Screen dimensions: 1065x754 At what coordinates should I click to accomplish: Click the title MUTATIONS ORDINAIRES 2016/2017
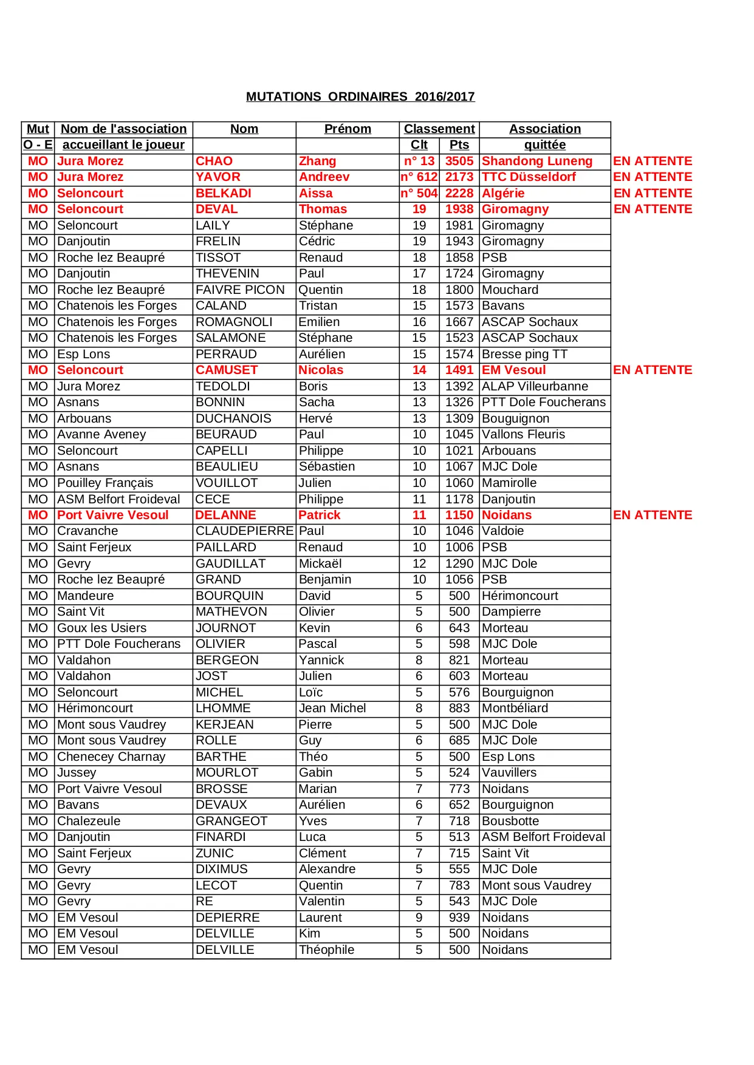point(360,97)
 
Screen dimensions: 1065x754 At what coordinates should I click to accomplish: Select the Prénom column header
point(348,129)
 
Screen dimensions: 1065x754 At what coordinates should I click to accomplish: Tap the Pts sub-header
point(459,145)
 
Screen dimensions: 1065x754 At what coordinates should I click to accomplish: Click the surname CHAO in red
point(214,161)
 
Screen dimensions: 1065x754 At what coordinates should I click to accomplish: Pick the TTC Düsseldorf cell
point(529,177)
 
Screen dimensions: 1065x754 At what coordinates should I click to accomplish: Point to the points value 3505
point(459,161)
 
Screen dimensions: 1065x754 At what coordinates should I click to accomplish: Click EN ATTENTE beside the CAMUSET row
point(653,370)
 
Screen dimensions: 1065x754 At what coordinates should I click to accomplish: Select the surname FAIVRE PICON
point(240,290)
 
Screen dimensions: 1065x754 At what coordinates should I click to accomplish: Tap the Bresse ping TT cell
point(524,354)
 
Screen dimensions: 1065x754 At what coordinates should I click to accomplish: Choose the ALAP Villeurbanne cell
point(535,386)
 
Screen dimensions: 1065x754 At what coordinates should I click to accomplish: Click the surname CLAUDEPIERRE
point(244,531)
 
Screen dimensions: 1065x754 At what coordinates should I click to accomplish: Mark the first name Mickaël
point(320,563)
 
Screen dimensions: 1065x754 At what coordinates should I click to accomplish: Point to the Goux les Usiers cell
point(101,628)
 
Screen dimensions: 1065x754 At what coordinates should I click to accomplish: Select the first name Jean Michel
point(332,708)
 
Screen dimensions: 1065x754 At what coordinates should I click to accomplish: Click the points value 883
point(459,708)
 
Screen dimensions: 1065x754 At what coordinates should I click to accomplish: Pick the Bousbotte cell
point(510,821)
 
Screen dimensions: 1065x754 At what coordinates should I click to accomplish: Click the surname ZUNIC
point(214,853)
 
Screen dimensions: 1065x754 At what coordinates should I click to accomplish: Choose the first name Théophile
point(326,950)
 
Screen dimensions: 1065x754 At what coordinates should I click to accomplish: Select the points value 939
point(459,917)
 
